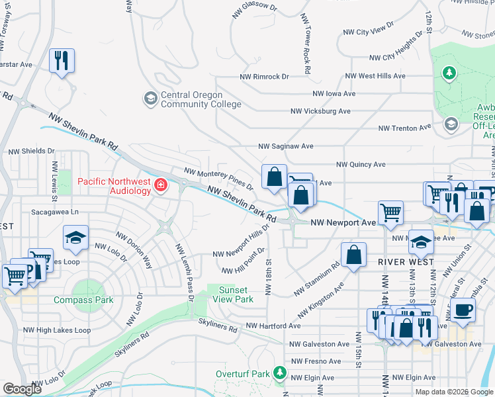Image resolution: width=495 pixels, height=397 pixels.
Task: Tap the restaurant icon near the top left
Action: click(62, 61)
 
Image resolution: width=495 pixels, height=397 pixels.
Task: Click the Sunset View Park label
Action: click(232, 294)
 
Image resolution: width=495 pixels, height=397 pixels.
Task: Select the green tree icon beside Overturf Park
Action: click(279, 374)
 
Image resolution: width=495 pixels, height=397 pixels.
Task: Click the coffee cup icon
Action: click(463, 309)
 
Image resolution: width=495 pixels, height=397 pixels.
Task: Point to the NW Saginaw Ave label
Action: click(285, 146)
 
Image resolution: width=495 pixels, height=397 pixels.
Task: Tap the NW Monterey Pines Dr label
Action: click(218, 179)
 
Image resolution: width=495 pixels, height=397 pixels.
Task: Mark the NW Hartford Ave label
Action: click(273, 326)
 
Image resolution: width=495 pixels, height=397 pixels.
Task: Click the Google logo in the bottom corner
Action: click(21, 389)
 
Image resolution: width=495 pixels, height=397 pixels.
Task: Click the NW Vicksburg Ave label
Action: click(320, 111)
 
